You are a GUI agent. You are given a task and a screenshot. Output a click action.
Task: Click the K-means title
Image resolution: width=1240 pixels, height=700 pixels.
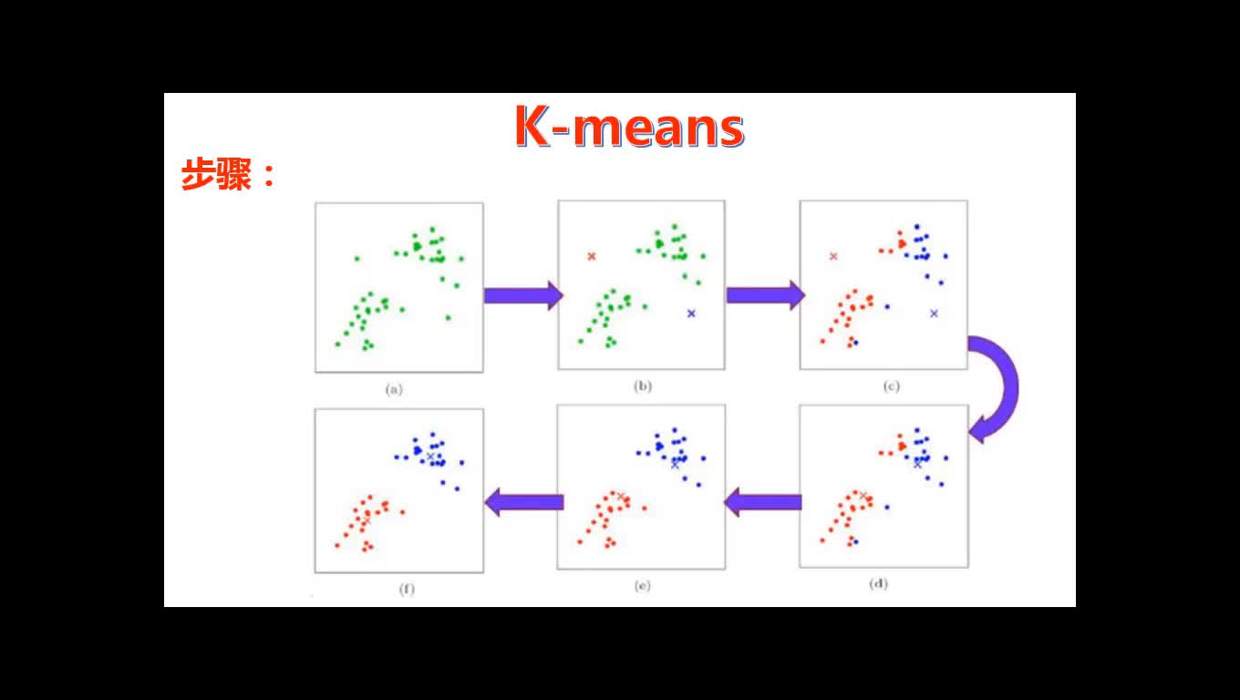point(629,127)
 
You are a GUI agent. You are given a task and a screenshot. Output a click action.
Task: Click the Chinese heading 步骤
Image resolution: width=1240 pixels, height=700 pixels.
point(217,174)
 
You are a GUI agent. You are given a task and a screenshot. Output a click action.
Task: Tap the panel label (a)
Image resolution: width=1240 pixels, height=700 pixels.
point(394,389)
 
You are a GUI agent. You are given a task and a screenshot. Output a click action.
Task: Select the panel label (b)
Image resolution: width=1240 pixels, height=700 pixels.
point(643,386)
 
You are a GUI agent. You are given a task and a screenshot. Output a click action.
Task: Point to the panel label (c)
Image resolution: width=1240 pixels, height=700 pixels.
point(892,386)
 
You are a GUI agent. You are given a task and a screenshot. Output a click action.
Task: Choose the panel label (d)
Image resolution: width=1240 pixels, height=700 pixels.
point(879,583)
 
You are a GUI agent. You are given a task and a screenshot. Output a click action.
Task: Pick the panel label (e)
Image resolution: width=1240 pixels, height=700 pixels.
point(643,585)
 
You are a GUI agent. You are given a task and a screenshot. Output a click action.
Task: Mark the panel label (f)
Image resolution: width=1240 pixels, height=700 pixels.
point(407,589)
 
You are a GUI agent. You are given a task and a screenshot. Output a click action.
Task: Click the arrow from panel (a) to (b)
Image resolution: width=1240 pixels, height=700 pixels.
point(523,295)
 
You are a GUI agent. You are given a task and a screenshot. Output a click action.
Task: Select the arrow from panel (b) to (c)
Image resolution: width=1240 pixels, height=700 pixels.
point(766,295)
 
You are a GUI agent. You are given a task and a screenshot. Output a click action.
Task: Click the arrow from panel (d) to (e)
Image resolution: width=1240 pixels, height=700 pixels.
point(763,502)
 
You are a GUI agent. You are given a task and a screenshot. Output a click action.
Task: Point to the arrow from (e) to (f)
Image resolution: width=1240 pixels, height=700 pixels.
point(524,502)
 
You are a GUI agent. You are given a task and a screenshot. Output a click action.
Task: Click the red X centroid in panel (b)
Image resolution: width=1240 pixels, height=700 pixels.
point(592,256)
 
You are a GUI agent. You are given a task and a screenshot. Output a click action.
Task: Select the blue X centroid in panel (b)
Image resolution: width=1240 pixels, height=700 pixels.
point(691,314)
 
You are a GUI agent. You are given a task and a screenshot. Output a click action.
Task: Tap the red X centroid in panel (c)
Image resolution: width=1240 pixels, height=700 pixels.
point(833,256)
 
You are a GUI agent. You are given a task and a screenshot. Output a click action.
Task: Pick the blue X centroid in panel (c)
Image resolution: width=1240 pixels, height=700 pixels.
point(934,314)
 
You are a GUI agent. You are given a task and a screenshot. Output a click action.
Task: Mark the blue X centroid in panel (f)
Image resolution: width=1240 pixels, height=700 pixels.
point(430,457)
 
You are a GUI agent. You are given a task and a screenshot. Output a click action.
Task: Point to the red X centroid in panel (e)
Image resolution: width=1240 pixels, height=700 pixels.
point(621,497)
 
